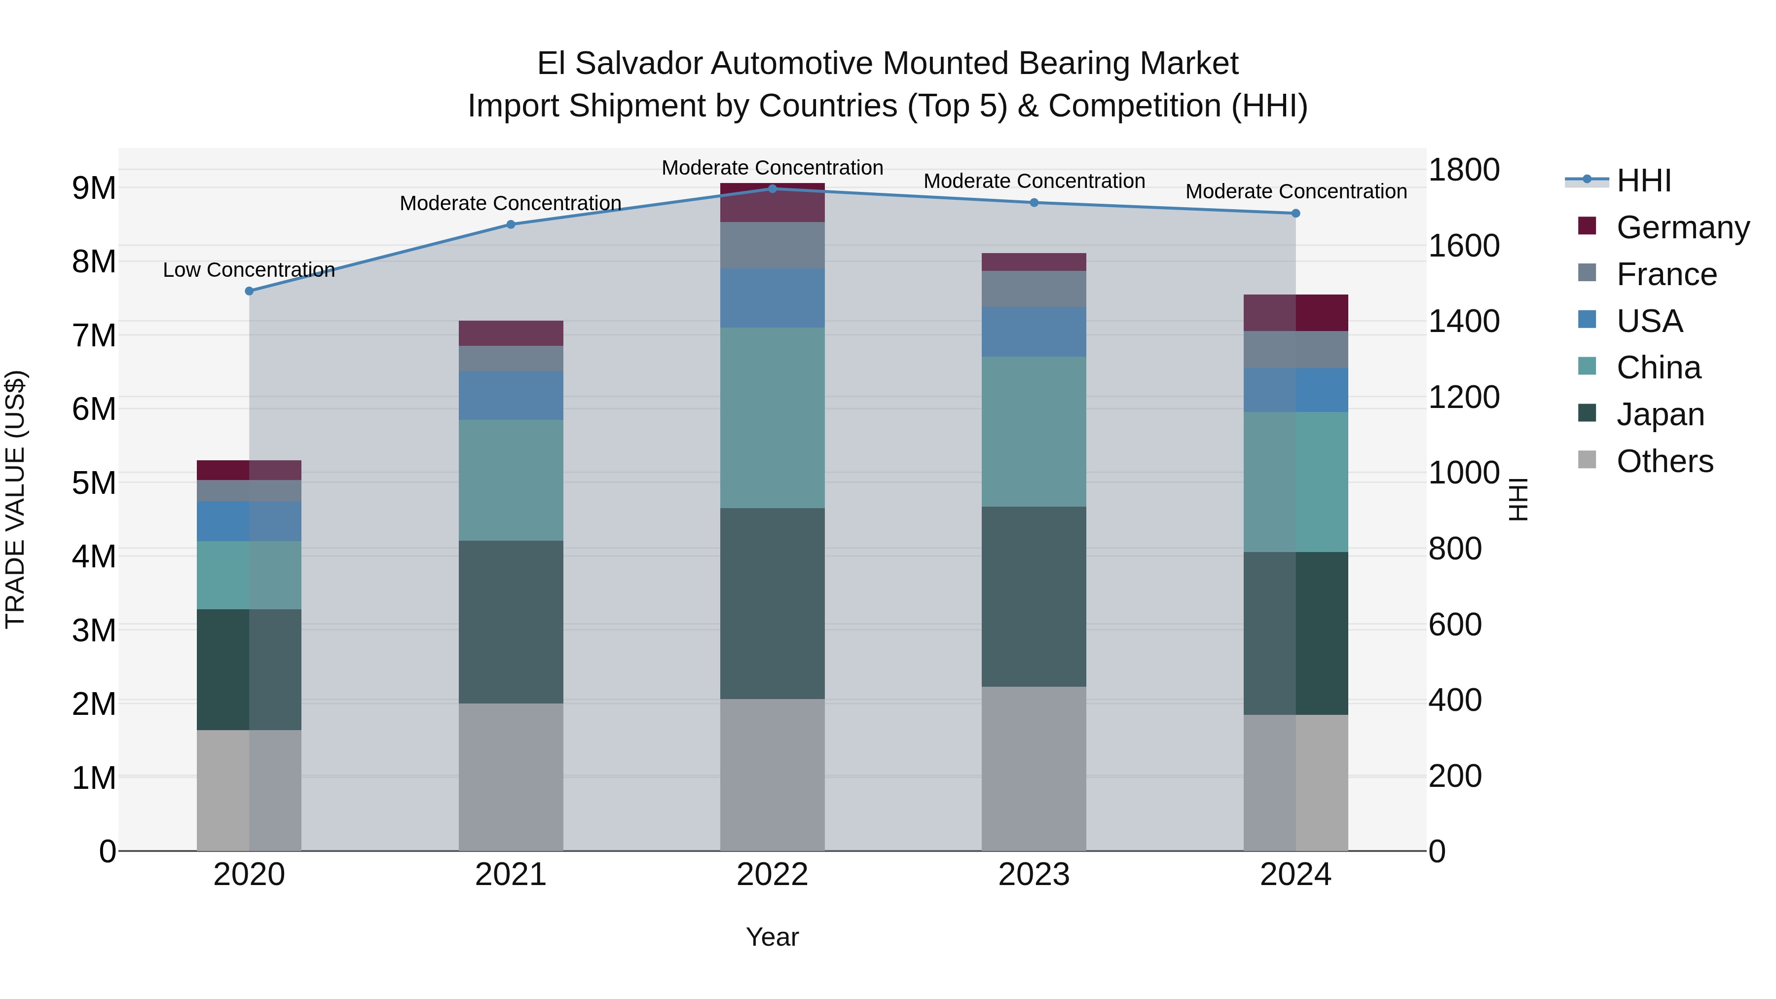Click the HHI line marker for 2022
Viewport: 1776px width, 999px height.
[x=772, y=189]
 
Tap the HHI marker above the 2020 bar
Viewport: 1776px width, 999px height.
[x=250, y=291]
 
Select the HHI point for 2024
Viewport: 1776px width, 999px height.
[x=1295, y=214]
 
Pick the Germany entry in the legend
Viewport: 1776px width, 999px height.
[x=1682, y=227]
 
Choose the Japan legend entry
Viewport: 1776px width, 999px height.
[x=1660, y=414]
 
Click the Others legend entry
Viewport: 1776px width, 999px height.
[x=1665, y=461]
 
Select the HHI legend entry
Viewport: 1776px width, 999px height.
[x=1644, y=181]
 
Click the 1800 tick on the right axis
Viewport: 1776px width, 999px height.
[x=1464, y=170]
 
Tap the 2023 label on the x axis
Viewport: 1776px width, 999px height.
[x=1034, y=875]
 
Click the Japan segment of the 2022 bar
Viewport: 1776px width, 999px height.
[x=772, y=603]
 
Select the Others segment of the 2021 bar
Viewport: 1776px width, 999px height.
[x=511, y=777]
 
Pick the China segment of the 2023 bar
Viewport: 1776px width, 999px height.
[x=1034, y=432]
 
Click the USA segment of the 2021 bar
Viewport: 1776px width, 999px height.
[x=511, y=395]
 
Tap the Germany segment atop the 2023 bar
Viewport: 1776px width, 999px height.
[x=1034, y=262]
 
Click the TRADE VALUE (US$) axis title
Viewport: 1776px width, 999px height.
[x=15, y=499]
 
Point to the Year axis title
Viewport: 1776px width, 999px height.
[x=772, y=937]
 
